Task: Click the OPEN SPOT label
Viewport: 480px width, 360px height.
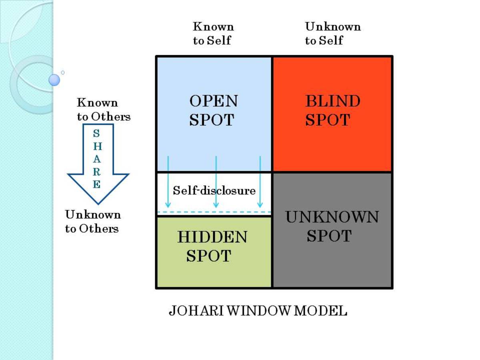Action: click(213, 110)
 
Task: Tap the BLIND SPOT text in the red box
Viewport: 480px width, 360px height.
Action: click(332, 110)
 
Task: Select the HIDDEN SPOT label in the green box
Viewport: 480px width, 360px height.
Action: click(212, 246)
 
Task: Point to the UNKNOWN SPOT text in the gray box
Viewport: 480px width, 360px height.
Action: click(331, 226)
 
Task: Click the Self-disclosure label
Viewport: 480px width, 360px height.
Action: click(214, 190)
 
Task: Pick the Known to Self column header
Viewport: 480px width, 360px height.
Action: click(213, 34)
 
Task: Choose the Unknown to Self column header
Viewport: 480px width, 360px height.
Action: click(332, 34)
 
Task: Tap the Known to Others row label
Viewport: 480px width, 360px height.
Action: click(104, 110)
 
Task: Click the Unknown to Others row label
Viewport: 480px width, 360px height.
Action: click(93, 222)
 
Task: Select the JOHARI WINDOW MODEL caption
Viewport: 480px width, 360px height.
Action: click(258, 311)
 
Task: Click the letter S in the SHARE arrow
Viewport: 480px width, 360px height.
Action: click(97, 134)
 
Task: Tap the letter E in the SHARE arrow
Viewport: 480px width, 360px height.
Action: click(97, 185)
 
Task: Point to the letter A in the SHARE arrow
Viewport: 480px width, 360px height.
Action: click(97, 159)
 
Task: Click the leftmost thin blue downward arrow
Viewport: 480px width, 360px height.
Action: click(168, 182)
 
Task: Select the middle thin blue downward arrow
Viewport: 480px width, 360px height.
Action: click(216, 182)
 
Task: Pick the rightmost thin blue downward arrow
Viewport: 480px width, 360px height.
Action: click(260, 182)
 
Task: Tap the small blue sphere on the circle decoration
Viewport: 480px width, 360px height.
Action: click(54, 80)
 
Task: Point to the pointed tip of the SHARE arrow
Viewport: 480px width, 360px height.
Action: click(98, 203)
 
